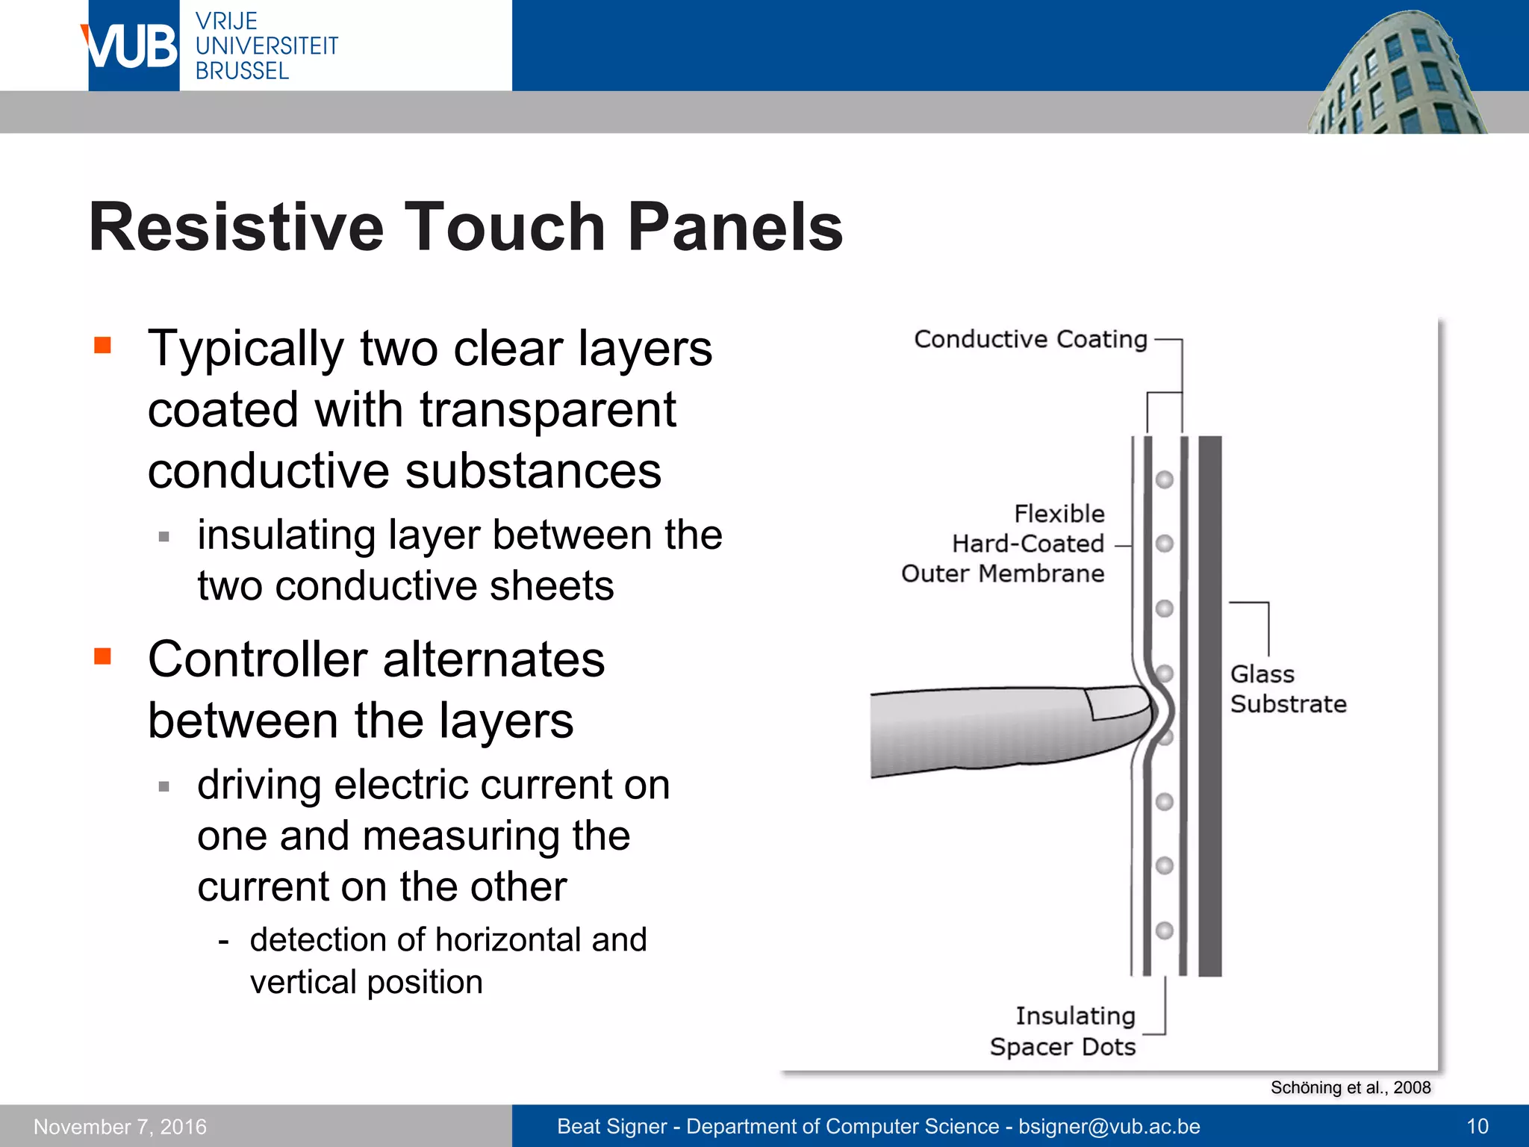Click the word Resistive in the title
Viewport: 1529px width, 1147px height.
(235, 227)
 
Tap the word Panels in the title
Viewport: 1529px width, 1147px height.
(735, 227)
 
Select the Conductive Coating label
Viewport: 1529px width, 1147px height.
(1030, 340)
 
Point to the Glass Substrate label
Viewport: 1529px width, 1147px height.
(1287, 689)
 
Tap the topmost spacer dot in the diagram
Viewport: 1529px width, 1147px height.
(1165, 479)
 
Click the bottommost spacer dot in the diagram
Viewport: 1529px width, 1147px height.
(1165, 930)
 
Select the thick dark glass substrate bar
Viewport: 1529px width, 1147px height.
(1209, 706)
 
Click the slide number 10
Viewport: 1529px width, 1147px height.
(1477, 1126)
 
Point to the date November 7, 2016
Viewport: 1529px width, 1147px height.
(120, 1126)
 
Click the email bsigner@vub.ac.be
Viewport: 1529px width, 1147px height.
(1109, 1126)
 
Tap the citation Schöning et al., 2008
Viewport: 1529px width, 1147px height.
(1350, 1087)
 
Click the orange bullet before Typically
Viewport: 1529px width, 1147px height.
(102, 345)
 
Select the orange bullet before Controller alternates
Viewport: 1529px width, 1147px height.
(102, 656)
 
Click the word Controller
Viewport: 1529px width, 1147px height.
(258, 660)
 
